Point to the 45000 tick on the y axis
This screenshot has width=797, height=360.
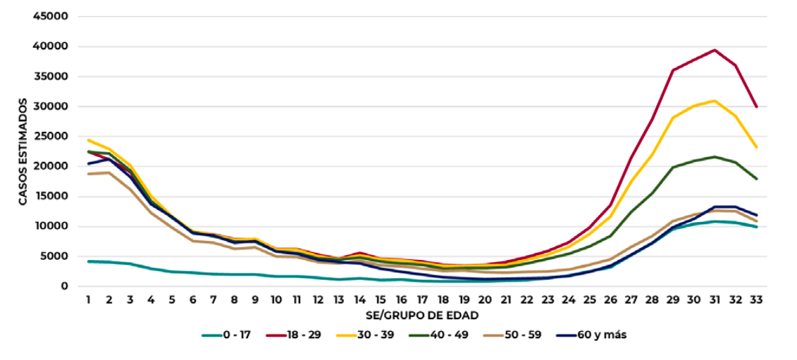53,16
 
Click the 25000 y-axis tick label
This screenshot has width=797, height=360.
53,137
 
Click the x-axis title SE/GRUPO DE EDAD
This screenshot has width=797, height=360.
422,314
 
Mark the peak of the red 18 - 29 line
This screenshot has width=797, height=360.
715,50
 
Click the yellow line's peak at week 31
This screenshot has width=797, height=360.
715,101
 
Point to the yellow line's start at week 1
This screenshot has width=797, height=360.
88,139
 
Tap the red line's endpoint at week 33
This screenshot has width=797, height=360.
757,107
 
